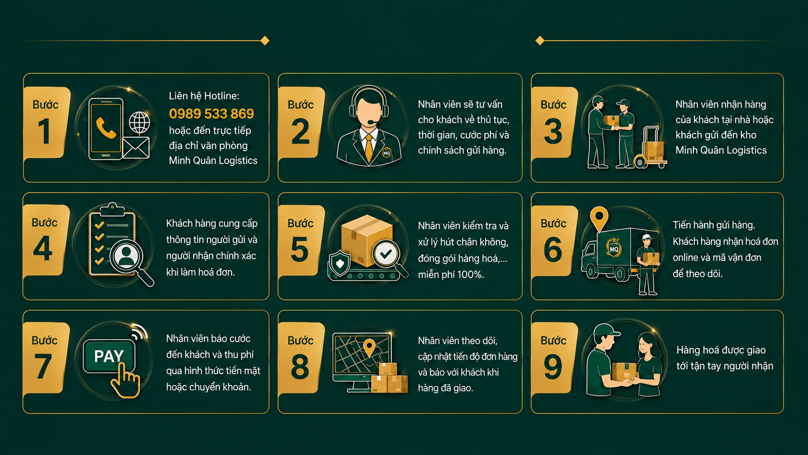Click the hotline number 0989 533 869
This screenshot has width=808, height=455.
pos(211,114)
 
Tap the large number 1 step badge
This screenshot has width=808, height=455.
pos(46,122)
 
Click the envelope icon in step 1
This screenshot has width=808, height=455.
pos(136,147)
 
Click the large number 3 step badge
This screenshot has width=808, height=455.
pos(554,122)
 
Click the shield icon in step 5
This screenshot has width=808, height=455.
pos(340,263)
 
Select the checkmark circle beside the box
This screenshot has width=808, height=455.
pos(386,254)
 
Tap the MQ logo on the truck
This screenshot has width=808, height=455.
pos(614,248)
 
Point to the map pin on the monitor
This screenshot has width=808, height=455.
pos(369,348)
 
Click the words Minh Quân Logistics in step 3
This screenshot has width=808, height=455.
pos(721,150)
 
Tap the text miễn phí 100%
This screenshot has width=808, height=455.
pos(451,275)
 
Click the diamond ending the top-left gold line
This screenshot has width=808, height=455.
pos(265,41)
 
